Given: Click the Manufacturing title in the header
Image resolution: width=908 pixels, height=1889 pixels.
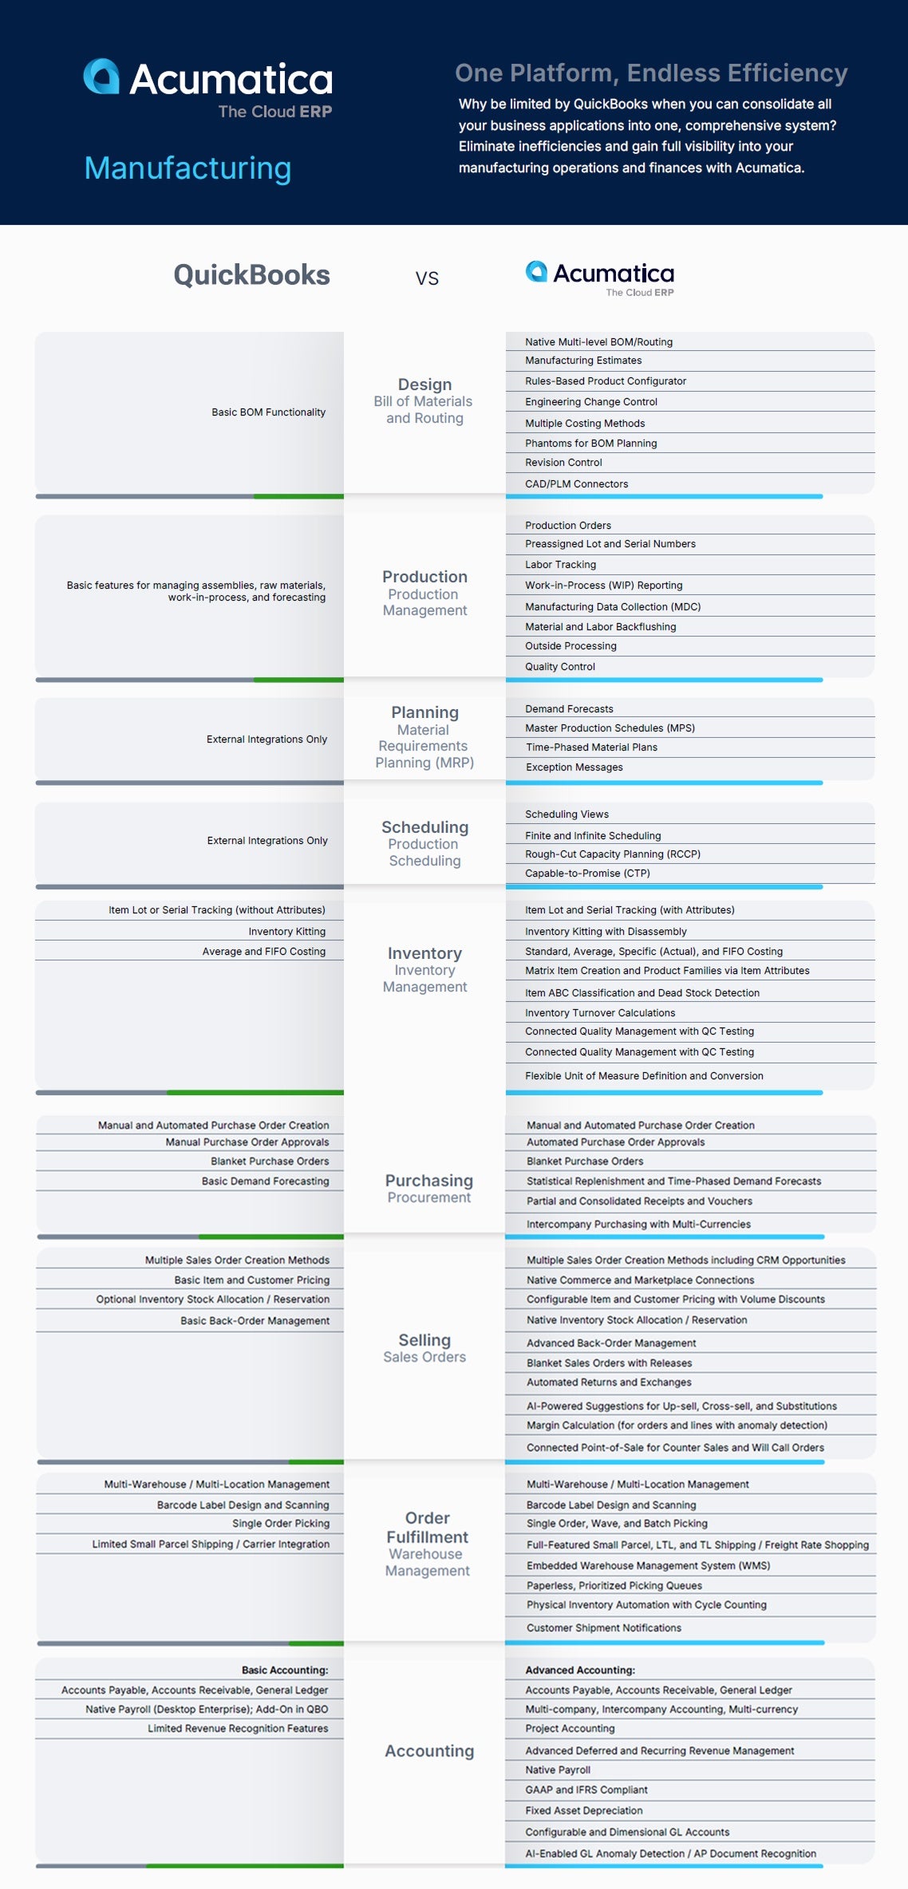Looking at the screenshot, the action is (x=188, y=168).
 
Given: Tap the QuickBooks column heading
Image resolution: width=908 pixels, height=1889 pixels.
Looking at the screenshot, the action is (x=251, y=275).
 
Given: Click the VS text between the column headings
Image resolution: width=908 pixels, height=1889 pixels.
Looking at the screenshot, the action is (x=427, y=278).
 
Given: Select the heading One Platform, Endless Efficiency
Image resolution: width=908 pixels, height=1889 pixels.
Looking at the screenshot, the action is (x=650, y=73).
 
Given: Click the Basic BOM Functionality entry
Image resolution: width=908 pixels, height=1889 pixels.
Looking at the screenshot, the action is (x=268, y=412).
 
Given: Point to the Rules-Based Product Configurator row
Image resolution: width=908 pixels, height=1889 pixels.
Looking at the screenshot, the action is (x=605, y=381).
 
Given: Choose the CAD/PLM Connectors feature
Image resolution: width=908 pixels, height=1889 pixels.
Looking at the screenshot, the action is (x=576, y=484).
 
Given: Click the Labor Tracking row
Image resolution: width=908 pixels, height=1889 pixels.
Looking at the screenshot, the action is (x=560, y=565).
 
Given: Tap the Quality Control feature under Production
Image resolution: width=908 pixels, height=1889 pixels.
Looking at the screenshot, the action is (x=559, y=667).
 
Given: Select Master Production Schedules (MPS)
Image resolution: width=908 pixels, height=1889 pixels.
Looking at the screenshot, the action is (x=610, y=728).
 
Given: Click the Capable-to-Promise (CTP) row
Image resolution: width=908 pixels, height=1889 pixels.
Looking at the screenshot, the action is (x=587, y=874).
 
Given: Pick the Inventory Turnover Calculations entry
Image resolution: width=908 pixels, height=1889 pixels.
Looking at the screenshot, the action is (x=599, y=1013).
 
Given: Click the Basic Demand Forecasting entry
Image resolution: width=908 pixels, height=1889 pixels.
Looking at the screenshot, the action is (x=265, y=1181).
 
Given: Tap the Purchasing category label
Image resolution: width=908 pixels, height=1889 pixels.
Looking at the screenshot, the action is (x=428, y=1181).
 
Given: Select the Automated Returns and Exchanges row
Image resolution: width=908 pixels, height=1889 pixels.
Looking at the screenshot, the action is (x=608, y=1382).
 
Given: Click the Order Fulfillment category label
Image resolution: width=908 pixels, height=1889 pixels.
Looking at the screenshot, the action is (x=427, y=1528).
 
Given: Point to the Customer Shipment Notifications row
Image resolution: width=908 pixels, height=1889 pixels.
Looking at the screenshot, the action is (x=603, y=1628).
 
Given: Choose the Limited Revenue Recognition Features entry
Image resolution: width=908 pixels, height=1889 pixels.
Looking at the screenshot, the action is (x=237, y=1729).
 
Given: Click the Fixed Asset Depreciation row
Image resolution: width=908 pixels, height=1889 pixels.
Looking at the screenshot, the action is (x=583, y=1811).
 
